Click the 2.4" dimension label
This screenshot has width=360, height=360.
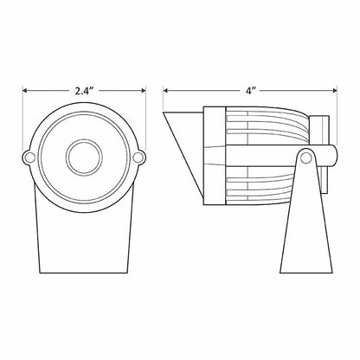click(x=85, y=91)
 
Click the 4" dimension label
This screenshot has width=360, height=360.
click(x=251, y=91)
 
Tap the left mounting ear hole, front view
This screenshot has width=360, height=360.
click(x=29, y=157)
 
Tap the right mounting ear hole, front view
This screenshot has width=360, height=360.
click(x=138, y=157)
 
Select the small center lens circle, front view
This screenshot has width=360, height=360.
click(x=84, y=157)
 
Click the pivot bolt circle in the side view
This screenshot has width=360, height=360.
click(x=305, y=157)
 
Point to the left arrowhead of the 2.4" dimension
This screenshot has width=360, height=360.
click(x=25, y=91)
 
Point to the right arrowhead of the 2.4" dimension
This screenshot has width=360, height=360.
click(x=143, y=91)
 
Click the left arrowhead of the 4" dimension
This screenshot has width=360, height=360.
click(x=165, y=91)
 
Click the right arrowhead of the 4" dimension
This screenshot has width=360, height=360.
click(x=335, y=91)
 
